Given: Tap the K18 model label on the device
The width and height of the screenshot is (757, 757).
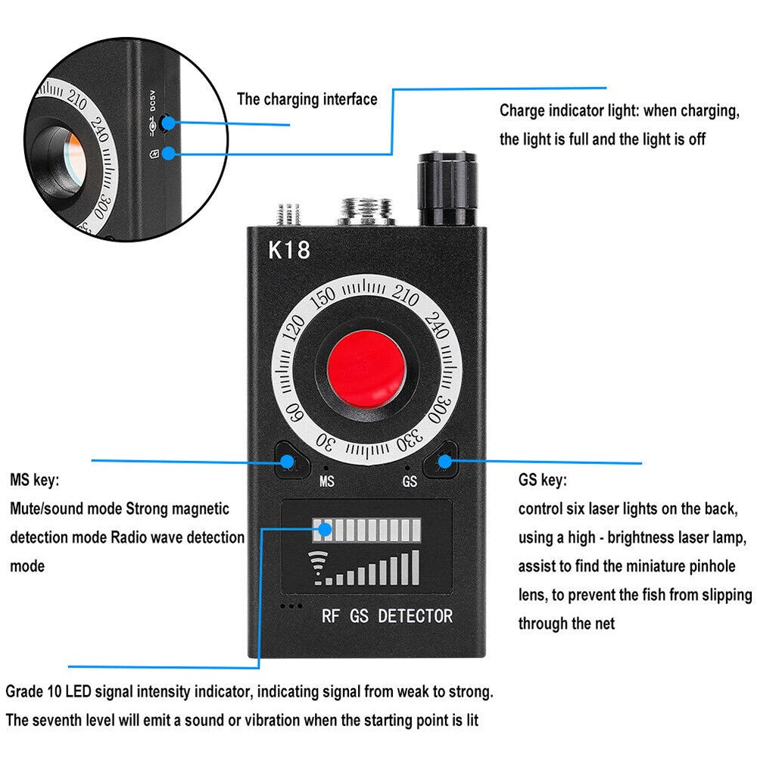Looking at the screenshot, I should click(289, 251).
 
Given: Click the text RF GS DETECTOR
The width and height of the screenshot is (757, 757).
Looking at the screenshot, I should click(387, 616).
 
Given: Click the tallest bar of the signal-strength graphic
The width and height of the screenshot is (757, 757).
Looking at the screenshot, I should click(414, 567).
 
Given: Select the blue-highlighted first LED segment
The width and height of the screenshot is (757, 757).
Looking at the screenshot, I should click(323, 528).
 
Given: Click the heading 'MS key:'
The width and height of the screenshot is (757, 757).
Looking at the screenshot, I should click(34, 480).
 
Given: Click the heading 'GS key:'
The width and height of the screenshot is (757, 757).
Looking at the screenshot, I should click(542, 480).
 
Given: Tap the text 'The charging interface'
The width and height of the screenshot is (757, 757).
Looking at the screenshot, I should click(307, 99).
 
